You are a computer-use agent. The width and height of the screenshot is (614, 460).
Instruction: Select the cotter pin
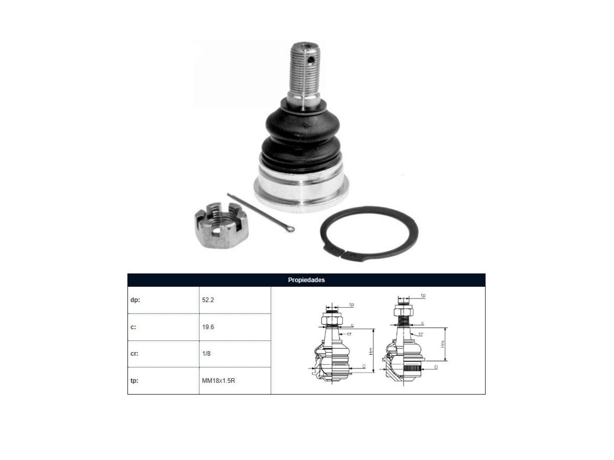[261, 212]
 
